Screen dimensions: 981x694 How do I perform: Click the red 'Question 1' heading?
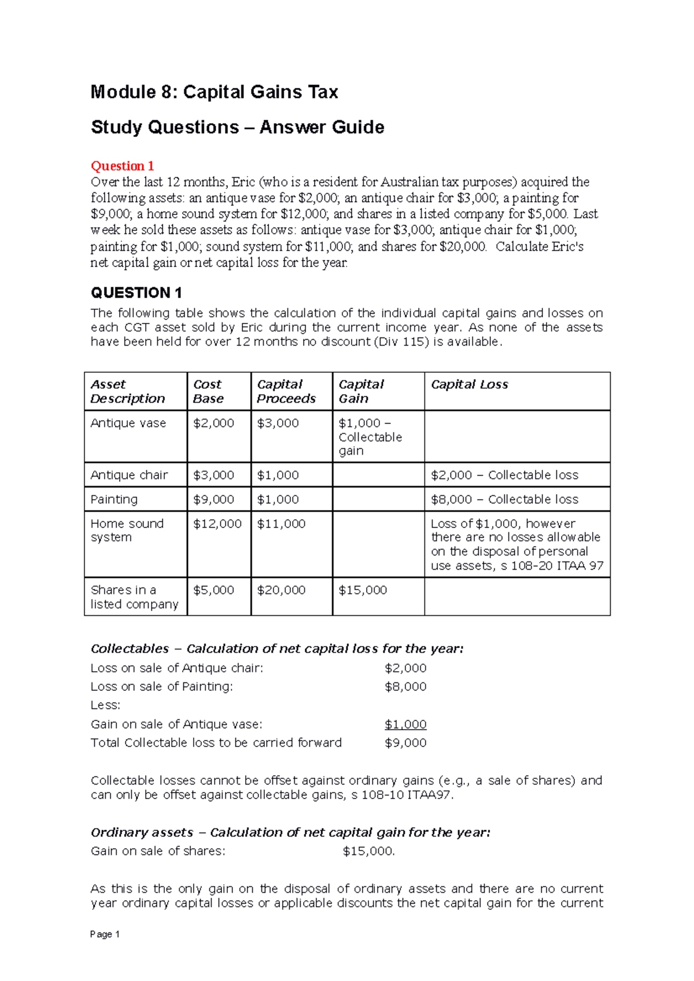coord(122,166)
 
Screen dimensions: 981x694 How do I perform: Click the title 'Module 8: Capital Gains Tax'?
coord(214,92)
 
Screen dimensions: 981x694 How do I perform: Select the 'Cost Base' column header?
coord(208,391)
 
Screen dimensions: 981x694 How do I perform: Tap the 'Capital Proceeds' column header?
coord(286,391)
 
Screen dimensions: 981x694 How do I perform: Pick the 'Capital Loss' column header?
coord(469,384)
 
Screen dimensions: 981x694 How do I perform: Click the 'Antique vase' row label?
coord(128,423)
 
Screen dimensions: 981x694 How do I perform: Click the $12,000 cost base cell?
coord(217,523)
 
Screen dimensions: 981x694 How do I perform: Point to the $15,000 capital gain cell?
coord(363,590)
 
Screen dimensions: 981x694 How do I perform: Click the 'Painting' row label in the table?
coord(114,499)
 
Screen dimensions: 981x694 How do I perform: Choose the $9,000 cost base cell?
coord(213,499)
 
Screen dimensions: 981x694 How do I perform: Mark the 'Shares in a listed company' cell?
coord(134,597)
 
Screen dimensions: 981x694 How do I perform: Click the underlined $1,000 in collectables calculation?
coord(405,724)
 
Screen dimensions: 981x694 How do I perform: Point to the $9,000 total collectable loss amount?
coord(405,742)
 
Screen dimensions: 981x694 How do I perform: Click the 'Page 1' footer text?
coord(105,934)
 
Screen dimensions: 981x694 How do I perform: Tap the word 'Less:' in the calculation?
coord(105,705)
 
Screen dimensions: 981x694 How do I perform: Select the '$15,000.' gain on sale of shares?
coord(368,851)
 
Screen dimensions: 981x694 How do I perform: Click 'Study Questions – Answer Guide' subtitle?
coord(237,127)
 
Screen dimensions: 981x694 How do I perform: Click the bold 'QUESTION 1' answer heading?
coord(136,292)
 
